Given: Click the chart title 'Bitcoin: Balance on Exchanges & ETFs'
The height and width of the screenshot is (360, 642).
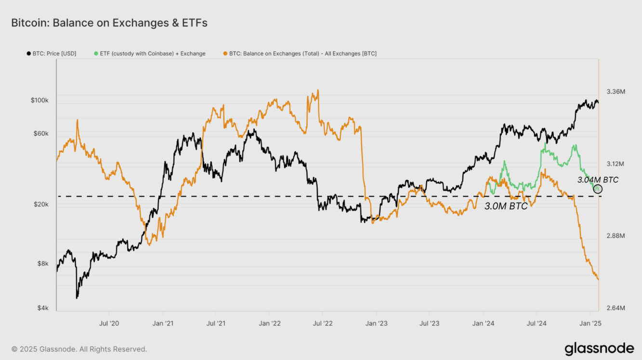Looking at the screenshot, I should pyautogui.click(x=109, y=23).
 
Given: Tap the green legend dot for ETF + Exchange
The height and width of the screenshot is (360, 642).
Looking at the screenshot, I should pyautogui.click(x=96, y=53).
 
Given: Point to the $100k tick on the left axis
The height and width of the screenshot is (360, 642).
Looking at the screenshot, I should pyautogui.click(x=39, y=100).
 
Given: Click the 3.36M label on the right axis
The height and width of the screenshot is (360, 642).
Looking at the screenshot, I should pyautogui.click(x=616, y=91).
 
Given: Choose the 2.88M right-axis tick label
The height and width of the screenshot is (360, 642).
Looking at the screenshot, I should pyautogui.click(x=616, y=236).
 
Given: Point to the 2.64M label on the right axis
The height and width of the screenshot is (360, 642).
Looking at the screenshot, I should pyautogui.click(x=616, y=308).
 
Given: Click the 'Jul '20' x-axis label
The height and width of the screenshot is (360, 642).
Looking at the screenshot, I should pyautogui.click(x=109, y=323).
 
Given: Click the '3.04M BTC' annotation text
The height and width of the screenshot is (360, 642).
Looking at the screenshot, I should pyautogui.click(x=598, y=180).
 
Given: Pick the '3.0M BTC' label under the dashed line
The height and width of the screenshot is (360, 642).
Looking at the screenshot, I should pyautogui.click(x=506, y=206).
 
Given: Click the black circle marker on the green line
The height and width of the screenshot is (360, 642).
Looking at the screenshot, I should pyautogui.click(x=598, y=189).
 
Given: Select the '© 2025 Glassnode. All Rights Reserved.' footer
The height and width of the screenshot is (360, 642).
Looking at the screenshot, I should pyautogui.click(x=79, y=349).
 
